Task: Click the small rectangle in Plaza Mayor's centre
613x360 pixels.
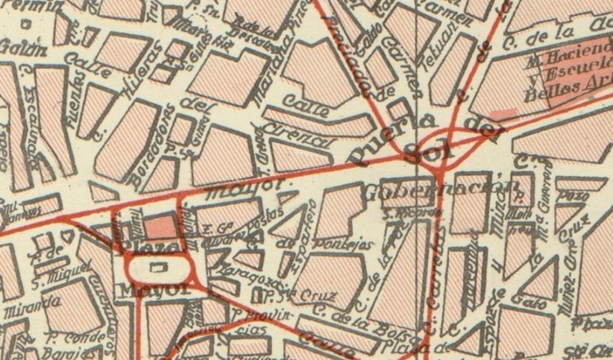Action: point(156,266)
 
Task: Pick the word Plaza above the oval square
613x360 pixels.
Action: point(145,245)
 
